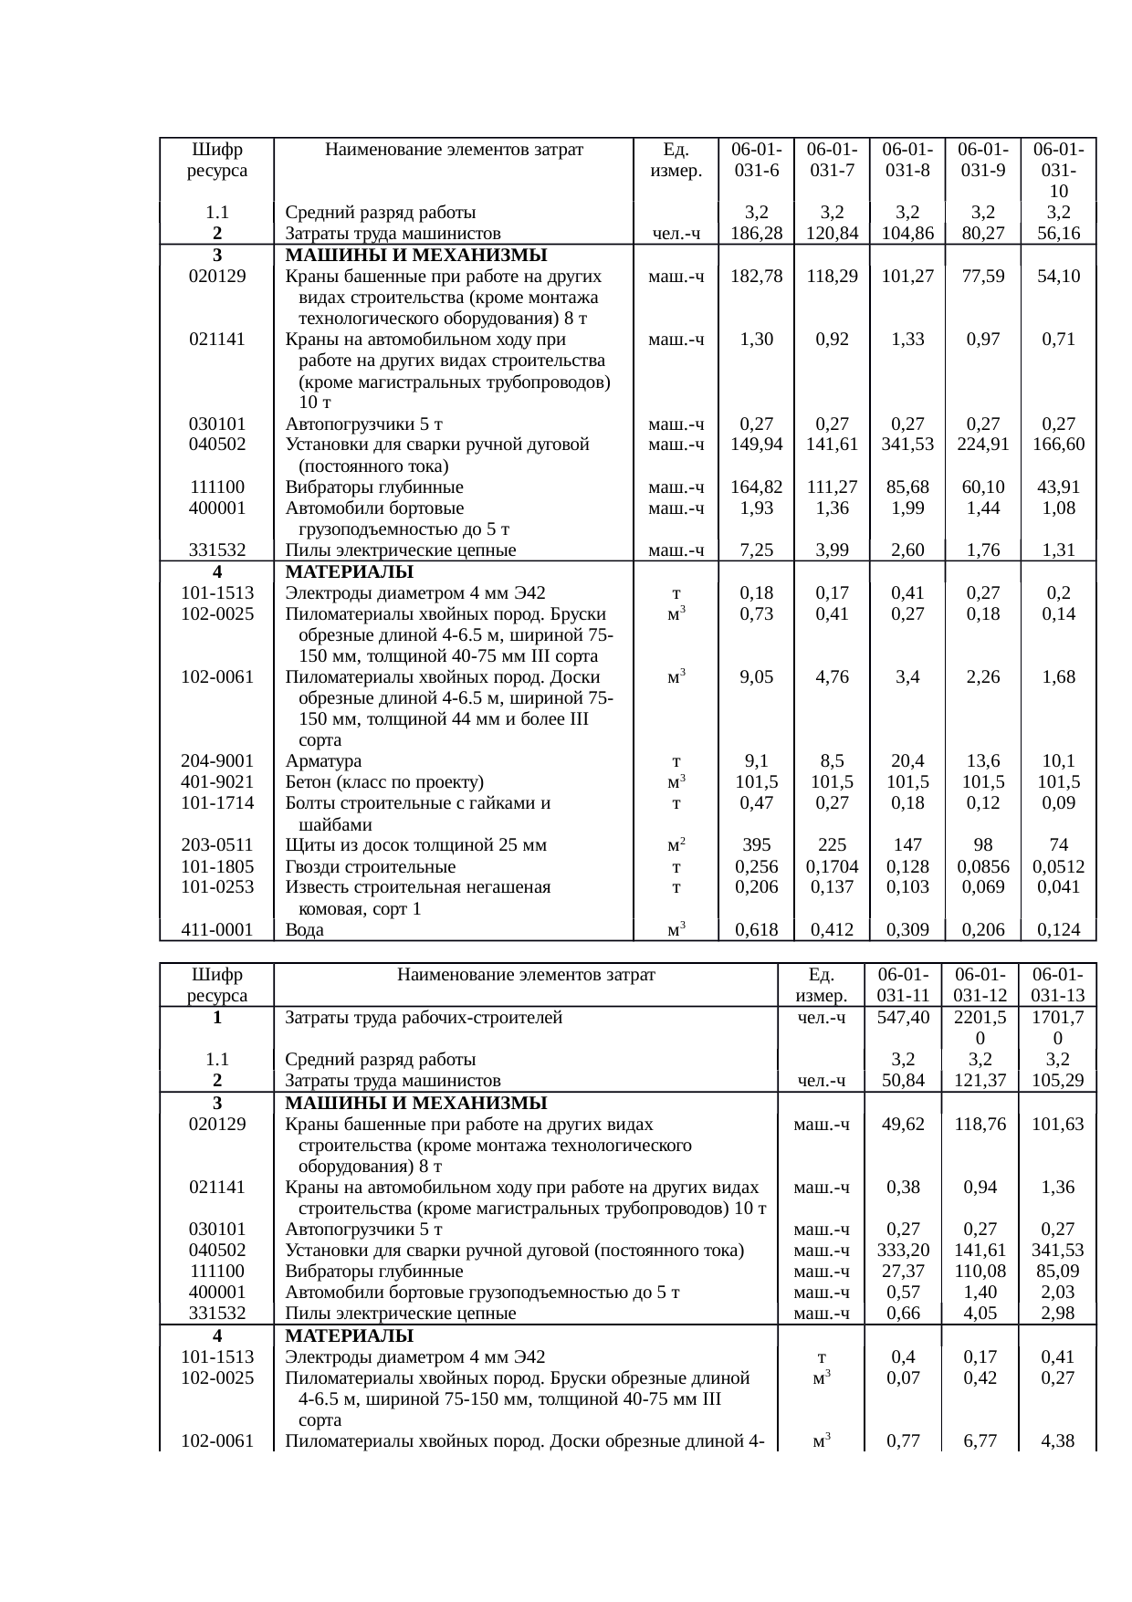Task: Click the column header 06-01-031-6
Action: pyautogui.click(x=756, y=160)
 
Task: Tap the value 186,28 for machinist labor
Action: pyautogui.click(x=756, y=234)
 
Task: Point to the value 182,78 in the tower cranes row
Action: pyautogui.click(x=756, y=276)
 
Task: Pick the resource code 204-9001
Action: pyautogui.click(x=217, y=761)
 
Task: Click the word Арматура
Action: pyautogui.click(x=323, y=761)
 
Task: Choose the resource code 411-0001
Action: pyautogui.click(x=217, y=930)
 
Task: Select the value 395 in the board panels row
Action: pyautogui.click(x=756, y=845)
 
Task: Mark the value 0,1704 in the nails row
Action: pyautogui.click(x=832, y=867)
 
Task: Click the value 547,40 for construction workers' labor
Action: pyautogui.click(x=903, y=1018)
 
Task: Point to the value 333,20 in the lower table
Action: pyautogui.click(x=903, y=1251)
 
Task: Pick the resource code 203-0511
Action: pyautogui.click(x=217, y=845)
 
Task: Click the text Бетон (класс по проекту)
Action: pyautogui.click(x=384, y=782)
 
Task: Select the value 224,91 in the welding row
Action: pyautogui.click(x=982, y=445)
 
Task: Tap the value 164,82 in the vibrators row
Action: pyautogui.click(x=756, y=487)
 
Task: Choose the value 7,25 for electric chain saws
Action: pyautogui.click(x=756, y=550)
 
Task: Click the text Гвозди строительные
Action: pyautogui.click(x=371, y=867)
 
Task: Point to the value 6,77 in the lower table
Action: pyautogui.click(x=980, y=1441)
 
